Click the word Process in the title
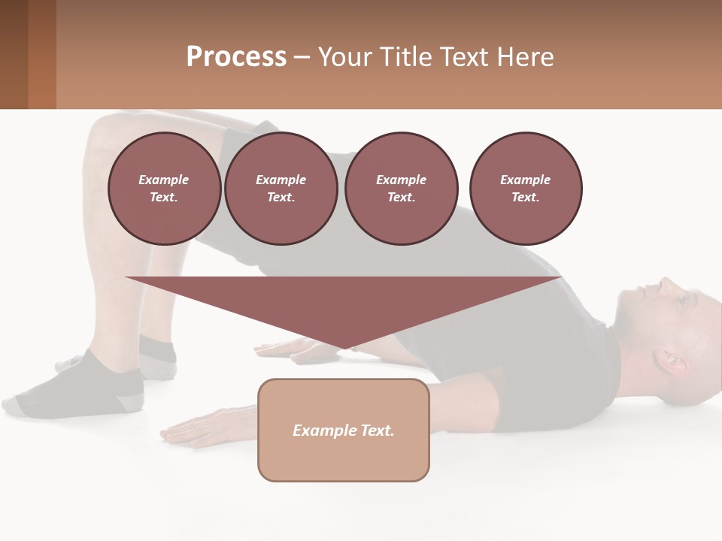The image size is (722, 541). (236, 57)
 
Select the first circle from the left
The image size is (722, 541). (165, 189)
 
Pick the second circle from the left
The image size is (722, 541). (281, 189)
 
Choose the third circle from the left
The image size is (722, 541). (402, 189)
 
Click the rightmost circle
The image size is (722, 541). (526, 189)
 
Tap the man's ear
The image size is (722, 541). (671, 362)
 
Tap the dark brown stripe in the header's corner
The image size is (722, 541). (14, 54)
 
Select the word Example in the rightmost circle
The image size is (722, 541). (526, 180)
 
